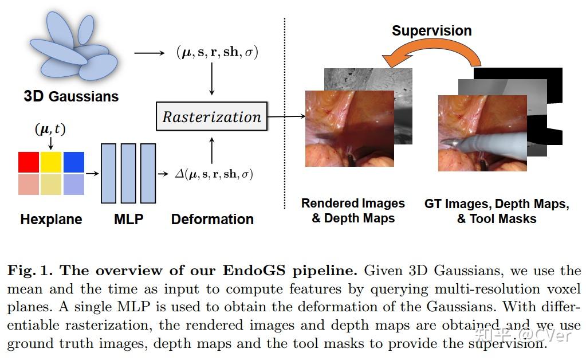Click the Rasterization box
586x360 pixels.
[212, 116]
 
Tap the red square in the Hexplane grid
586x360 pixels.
[29, 162]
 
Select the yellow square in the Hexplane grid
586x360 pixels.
[52, 162]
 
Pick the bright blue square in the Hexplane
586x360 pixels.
[73, 162]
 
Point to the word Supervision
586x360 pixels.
[431, 30]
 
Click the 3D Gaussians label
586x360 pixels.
[71, 96]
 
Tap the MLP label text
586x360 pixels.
[128, 219]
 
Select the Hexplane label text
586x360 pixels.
[51, 219]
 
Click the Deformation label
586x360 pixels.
[212, 219]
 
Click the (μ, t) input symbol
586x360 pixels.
[50, 130]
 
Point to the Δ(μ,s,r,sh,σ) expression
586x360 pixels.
[214, 174]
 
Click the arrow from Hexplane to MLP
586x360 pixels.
[92, 172]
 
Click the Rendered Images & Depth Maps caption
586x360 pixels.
[353, 210]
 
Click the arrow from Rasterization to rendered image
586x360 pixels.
[286, 116]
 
